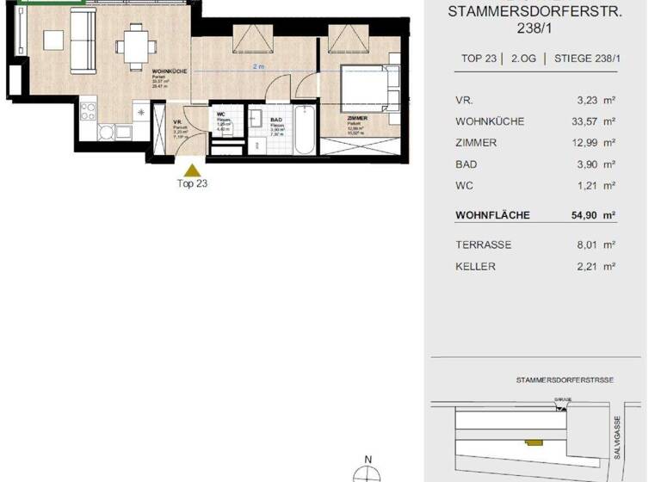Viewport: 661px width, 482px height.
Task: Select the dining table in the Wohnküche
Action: click(134, 43)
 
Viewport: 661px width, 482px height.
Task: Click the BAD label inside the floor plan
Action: click(276, 120)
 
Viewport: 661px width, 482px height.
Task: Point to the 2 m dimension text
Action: click(258, 66)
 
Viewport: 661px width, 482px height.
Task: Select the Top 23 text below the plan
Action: click(192, 183)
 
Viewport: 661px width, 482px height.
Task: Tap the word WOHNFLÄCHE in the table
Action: click(492, 215)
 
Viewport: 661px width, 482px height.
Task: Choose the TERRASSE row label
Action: click(483, 245)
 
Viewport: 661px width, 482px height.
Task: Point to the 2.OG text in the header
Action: click(524, 59)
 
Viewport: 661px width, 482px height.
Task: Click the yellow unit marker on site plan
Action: click(534, 443)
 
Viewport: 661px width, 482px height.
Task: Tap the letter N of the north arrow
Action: click(368, 459)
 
